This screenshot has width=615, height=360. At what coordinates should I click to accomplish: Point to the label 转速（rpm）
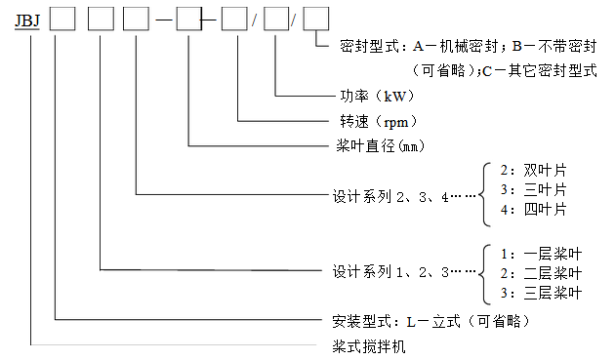tap(372, 121)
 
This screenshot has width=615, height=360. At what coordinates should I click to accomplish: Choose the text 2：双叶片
tap(533, 168)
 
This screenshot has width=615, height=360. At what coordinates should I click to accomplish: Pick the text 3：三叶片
tap(533, 188)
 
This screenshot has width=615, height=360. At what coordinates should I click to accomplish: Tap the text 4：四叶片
tap(533, 209)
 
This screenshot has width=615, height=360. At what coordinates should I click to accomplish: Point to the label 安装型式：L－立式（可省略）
tap(424, 320)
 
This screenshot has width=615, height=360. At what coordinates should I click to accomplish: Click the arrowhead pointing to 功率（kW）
tap(324, 96)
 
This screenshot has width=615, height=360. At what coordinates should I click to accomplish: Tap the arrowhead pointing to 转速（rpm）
tap(324, 121)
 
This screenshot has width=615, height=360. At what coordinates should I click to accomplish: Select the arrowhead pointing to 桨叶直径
tap(324, 145)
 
